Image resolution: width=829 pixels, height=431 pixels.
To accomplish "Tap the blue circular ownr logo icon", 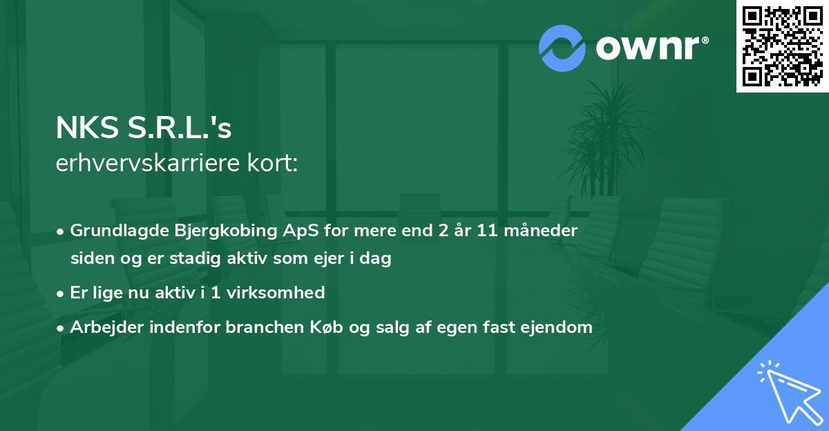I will point(562,48).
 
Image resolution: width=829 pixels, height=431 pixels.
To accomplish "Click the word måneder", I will point(542,231).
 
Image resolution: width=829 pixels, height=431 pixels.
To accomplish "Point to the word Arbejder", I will point(103,327).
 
